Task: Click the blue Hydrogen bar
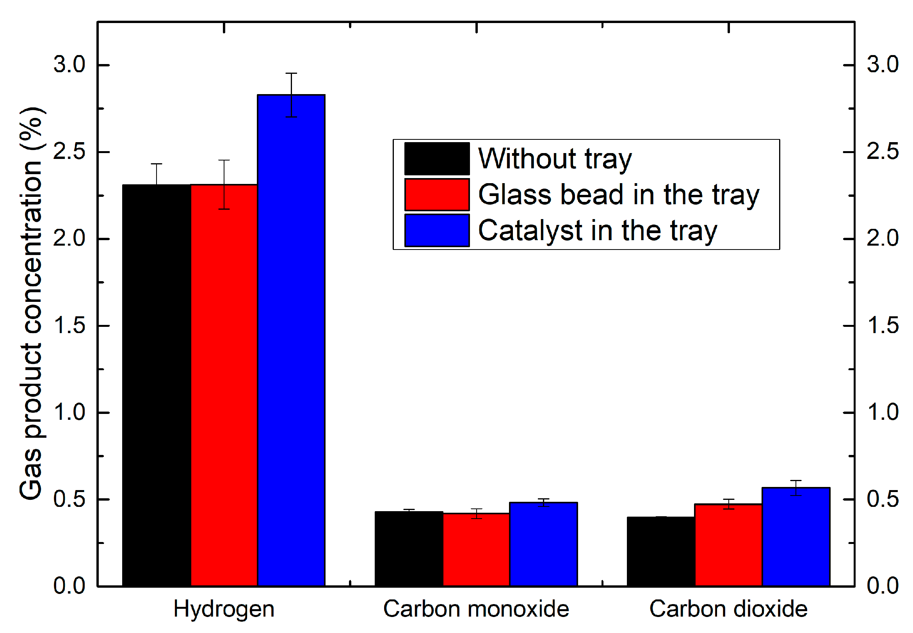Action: tap(291, 341)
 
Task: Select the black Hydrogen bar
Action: tap(157, 385)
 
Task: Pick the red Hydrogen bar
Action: tap(224, 385)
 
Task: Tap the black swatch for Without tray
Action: tap(437, 159)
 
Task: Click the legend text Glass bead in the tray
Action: tap(618, 195)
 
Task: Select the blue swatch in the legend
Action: tap(437, 230)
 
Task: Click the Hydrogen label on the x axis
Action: tap(224, 609)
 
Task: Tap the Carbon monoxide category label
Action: tap(476, 609)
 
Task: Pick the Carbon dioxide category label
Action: tap(728, 609)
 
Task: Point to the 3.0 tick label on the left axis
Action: tap(69, 64)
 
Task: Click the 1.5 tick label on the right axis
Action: tap(883, 326)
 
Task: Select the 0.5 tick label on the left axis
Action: tap(69, 499)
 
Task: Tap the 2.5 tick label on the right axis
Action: tap(883, 152)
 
